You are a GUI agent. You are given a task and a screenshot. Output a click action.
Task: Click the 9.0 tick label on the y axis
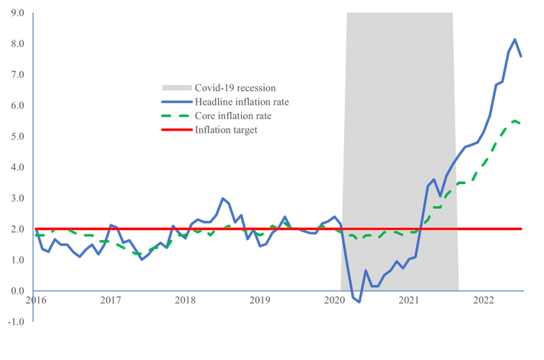pos(17,13)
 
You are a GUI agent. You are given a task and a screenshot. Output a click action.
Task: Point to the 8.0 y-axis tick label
pos(17,43)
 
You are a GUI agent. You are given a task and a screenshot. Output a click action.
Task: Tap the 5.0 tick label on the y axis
pos(17,136)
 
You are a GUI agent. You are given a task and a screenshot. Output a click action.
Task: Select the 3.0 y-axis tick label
pos(17,198)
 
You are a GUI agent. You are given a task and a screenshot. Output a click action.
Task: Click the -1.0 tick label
pos(14,321)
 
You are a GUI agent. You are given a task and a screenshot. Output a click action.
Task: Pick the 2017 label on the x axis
pos(110,299)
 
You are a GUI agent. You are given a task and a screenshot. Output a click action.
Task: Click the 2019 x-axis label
pos(260,299)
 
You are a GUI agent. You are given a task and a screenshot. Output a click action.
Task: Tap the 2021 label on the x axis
pos(409,299)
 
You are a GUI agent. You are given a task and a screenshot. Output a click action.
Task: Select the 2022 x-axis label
pos(484,299)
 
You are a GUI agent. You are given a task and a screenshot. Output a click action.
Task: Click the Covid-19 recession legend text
pos(235,88)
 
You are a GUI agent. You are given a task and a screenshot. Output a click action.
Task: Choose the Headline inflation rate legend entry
pos(242,102)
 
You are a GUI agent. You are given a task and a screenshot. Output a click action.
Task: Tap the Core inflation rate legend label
pos(233,115)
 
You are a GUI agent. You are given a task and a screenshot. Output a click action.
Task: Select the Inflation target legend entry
pos(226,130)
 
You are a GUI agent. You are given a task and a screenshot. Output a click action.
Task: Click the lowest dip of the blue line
pos(359,304)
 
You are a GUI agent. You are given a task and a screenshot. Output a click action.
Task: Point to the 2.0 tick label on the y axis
pos(17,229)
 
